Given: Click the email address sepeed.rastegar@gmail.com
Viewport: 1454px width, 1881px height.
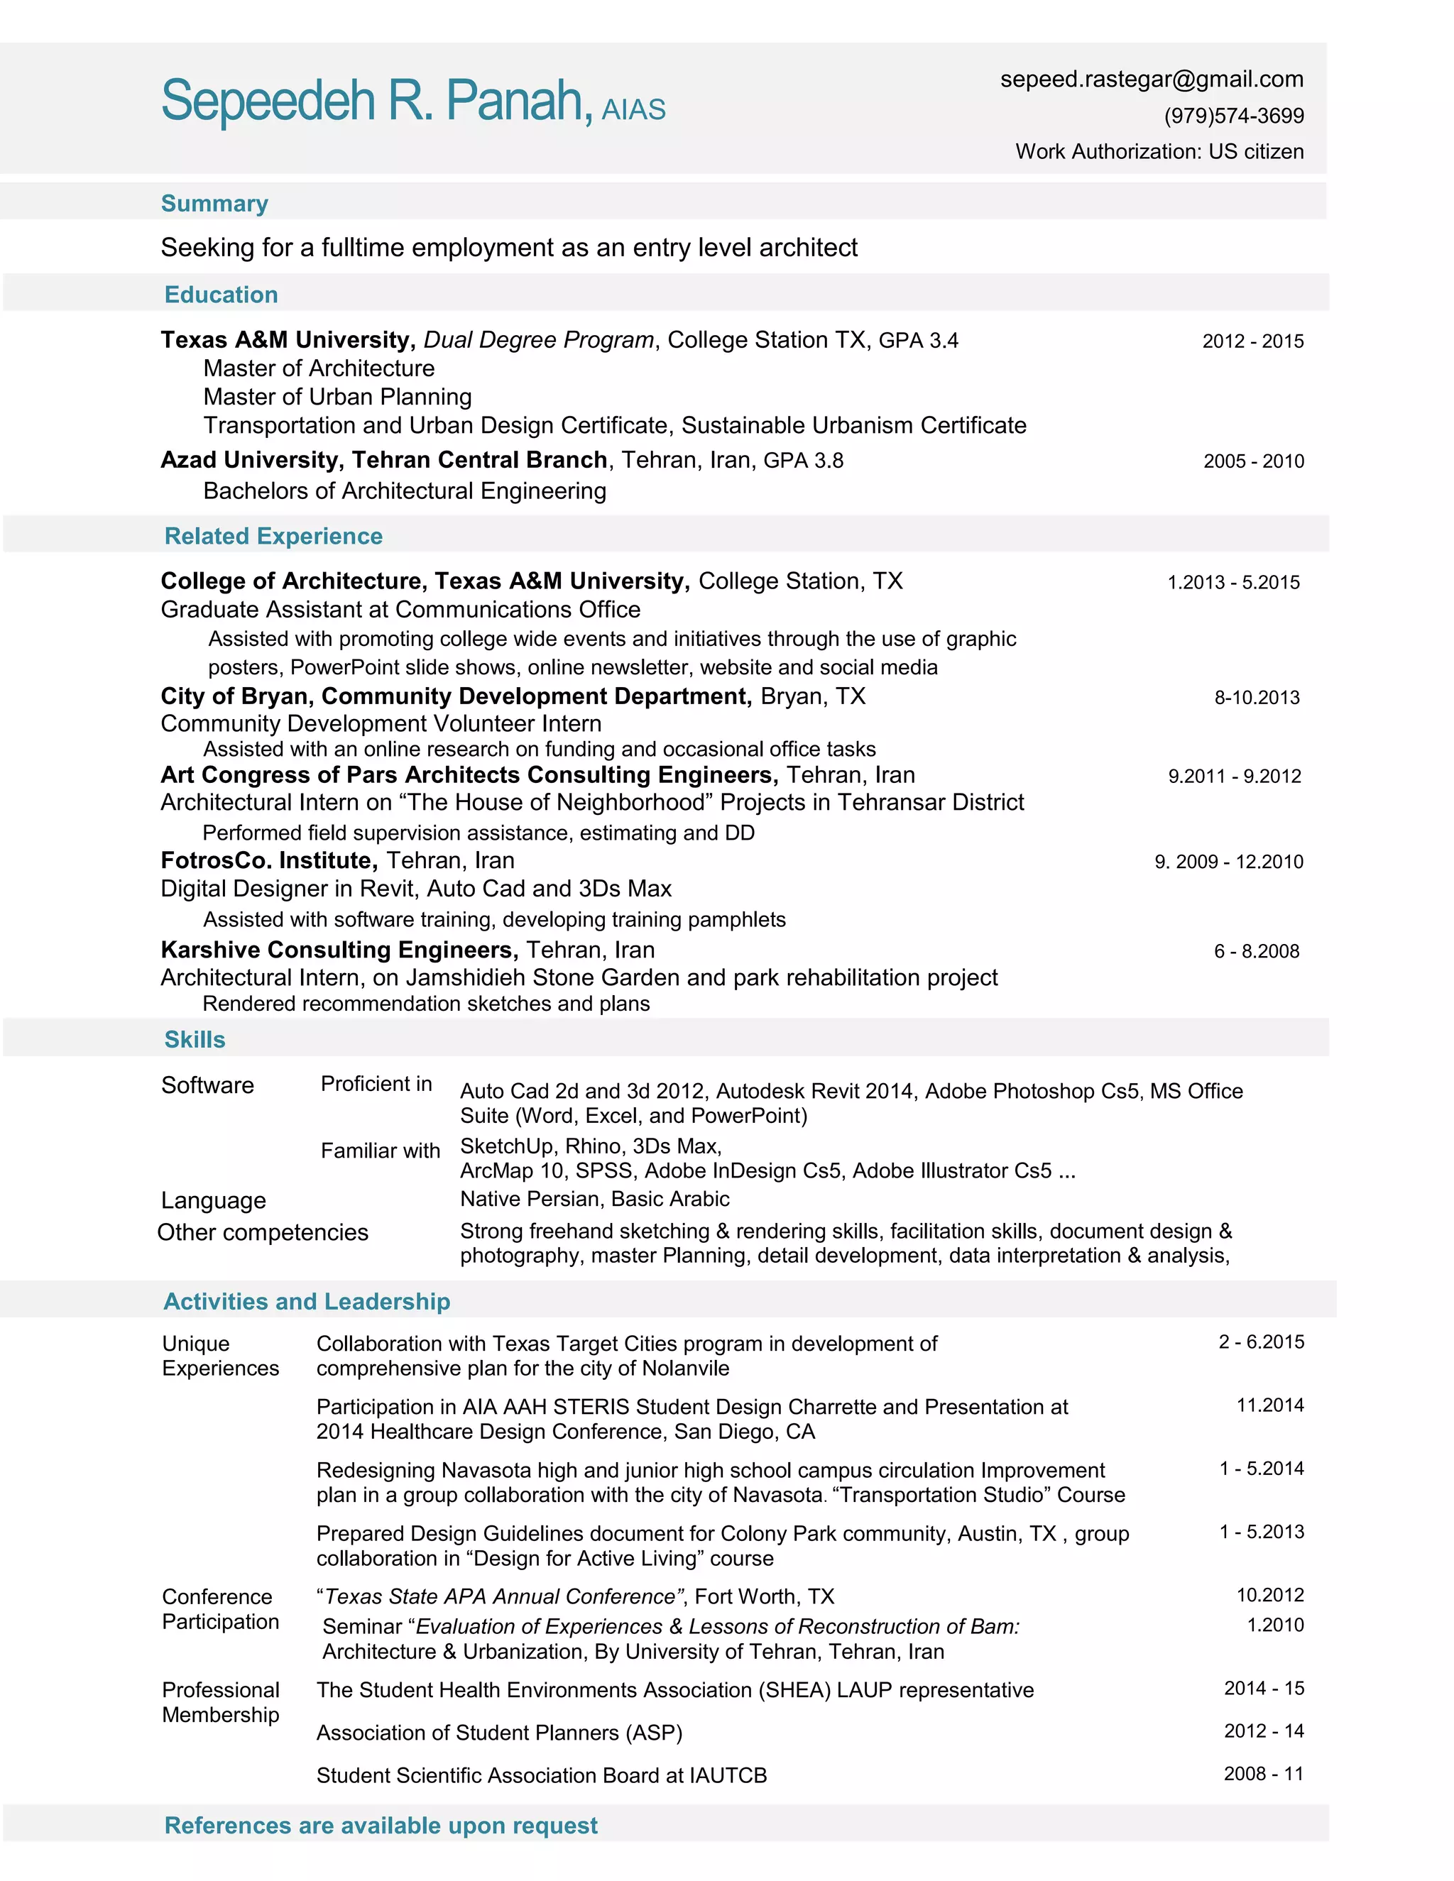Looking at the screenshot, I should (1151, 79).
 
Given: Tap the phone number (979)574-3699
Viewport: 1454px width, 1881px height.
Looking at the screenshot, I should (1233, 116).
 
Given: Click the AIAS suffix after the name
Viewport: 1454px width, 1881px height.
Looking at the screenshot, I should (633, 110).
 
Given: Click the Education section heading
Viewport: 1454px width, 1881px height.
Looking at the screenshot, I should (222, 295).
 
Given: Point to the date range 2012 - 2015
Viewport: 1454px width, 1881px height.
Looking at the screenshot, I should (1252, 341).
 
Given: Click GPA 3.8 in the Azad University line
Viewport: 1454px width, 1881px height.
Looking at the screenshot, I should (803, 461).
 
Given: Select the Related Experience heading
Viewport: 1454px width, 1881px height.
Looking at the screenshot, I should (273, 536).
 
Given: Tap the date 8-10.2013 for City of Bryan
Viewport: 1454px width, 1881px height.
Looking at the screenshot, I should (1257, 698).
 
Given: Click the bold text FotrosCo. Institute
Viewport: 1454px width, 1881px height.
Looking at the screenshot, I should (269, 860).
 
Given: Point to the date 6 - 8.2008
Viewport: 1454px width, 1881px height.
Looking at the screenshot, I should (1257, 951).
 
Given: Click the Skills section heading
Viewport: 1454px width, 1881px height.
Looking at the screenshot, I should (195, 1040).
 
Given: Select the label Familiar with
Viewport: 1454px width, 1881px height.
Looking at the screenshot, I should (380, 1151).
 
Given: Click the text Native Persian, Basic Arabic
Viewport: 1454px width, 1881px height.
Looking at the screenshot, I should (594, 1199).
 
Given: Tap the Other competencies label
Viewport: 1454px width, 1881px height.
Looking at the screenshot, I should (263, 1232).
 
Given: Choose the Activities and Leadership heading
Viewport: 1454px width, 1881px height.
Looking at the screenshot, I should (307, 1301).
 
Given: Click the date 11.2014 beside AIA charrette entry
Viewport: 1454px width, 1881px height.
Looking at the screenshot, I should (1269, 1405).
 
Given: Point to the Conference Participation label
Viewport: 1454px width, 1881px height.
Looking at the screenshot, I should (221, 1609).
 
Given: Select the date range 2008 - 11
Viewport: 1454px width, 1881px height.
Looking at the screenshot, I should (1264, 1775).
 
